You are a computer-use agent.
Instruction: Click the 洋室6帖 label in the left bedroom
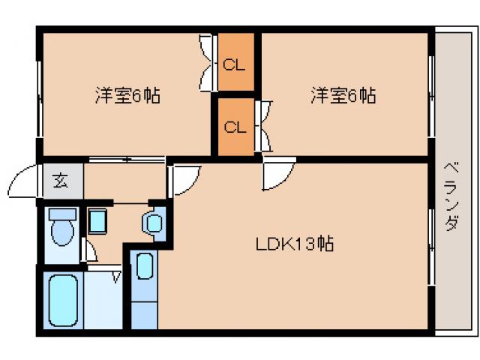click(x=127, y=96)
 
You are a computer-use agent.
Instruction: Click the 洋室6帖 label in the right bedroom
click(x=343, y=96)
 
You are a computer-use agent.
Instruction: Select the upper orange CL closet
click(x=235, y=64)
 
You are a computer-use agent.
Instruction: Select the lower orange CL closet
click(x=235, y=126)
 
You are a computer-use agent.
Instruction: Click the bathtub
click(x=65, y=299)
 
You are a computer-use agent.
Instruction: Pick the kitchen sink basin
click(x=145, y=265)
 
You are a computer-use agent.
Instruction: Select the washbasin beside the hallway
click(x=154, y=223)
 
